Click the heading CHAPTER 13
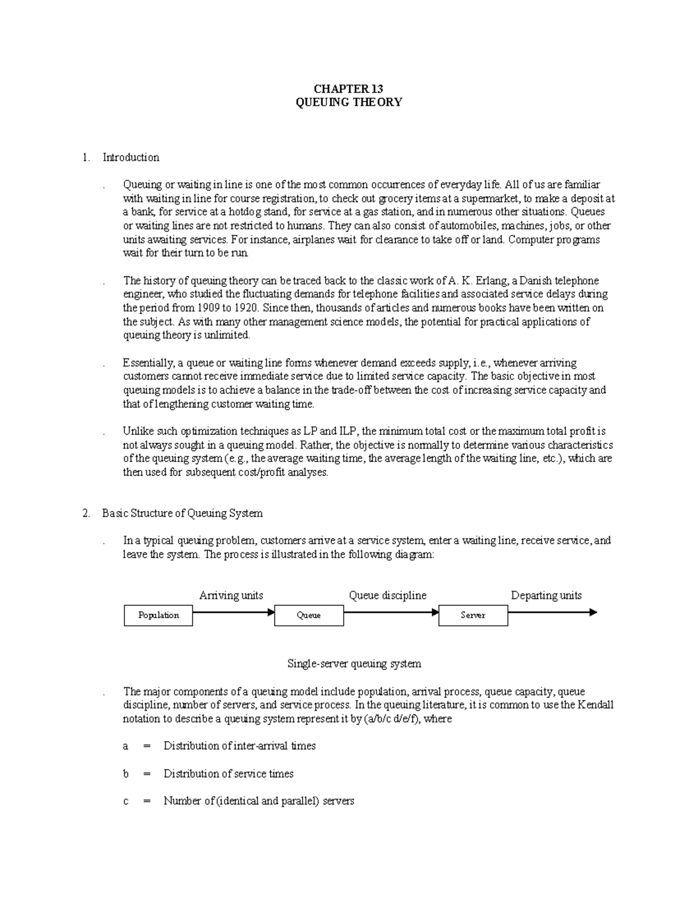click(348, 88)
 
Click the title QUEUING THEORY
click(348, 102)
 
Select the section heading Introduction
click(131, 157)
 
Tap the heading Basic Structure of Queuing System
click(182, 513)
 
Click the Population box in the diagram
click(158, 615)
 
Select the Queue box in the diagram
click(308, 615)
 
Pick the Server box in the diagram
click(473, 615)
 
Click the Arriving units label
click(231, 595)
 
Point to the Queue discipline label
click(387, 595)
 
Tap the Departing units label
click(546, 595)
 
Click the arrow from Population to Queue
click(233, 612)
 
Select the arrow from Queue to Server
click(391, 612)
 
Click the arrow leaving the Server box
click(552, 612)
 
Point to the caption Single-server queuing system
click(354, 664)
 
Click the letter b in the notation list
click(126, 774)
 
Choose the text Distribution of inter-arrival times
click(240, 746)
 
